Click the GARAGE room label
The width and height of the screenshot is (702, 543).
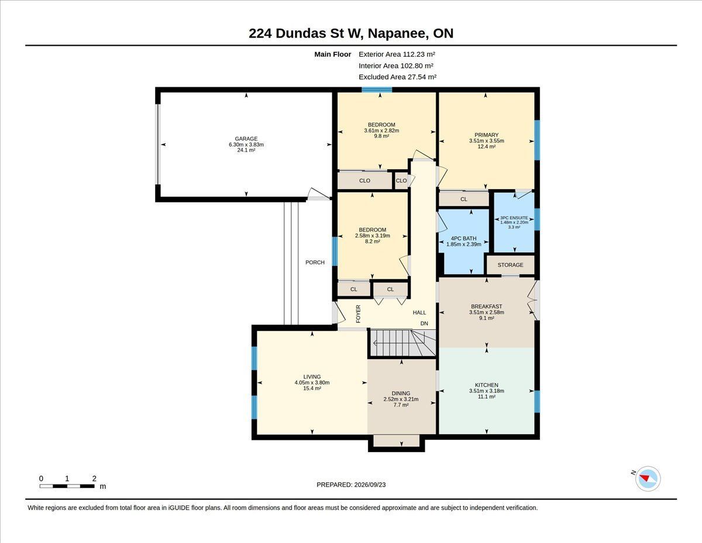tap(246, 139)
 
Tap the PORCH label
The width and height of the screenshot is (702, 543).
tap(315, 262)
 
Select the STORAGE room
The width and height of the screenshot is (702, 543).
tap(511, 265)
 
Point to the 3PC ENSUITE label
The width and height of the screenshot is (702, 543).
tap(514, 218)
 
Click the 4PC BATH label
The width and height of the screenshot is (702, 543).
tap(463, 238)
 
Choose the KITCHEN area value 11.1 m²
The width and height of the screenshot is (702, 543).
tap(487, 397)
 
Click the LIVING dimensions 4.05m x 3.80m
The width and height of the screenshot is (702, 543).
tap(312, 383)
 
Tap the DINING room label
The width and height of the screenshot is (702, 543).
tap(401, 393)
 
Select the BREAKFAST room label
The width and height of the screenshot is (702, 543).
tap(487, 306)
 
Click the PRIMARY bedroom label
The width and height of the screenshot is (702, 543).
tap(487, 135)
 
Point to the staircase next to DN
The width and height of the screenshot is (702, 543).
tap(402, 343)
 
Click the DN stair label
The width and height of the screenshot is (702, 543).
tap(424, 323)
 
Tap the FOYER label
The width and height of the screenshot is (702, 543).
tap(358, 314)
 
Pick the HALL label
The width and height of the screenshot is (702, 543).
tap(419, 312)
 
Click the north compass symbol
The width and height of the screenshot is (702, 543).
tap(648, 479)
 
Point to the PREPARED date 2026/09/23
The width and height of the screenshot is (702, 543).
tap(370, 484)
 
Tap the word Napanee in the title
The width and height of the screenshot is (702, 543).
tap(397, 33)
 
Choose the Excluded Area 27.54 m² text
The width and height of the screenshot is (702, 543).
tap(397, 77)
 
